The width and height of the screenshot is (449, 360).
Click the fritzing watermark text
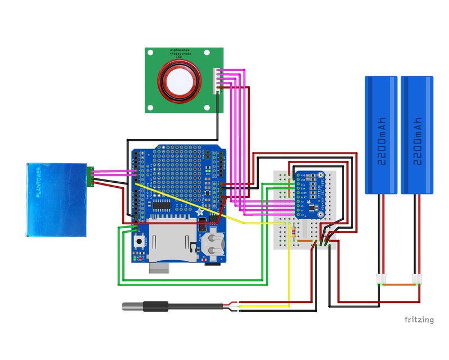pos(419,320)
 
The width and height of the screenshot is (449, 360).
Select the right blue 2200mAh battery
pos(417,135)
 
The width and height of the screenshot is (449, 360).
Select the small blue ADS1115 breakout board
pos(309,194)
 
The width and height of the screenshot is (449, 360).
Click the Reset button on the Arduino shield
pos(139,242)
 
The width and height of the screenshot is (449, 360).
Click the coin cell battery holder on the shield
pos(212,245)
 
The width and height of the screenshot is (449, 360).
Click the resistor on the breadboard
pos(292,232)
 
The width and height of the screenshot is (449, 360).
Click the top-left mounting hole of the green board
pos(151,53)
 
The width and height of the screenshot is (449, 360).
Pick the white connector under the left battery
pos(380,278)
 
